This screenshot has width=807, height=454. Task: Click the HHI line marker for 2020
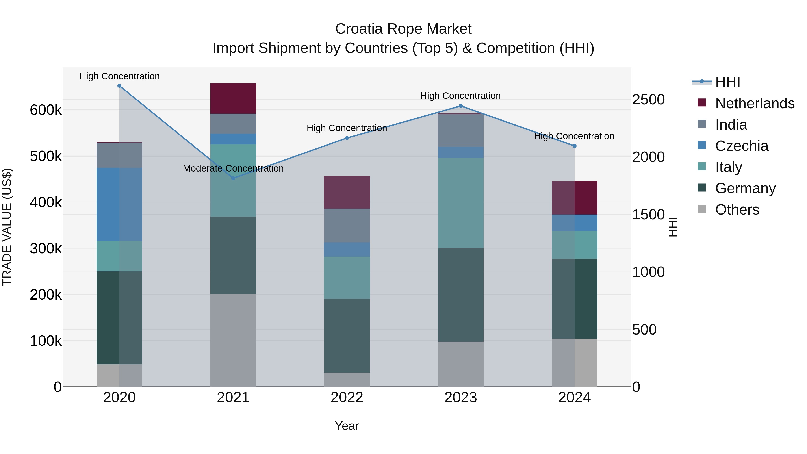(x=119, y=86)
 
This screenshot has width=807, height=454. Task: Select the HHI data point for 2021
(x=233, y=178)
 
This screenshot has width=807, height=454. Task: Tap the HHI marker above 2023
(x=460, y=106)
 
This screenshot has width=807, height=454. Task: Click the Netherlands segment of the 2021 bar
(x=233, y=98)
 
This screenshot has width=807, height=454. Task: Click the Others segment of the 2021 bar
(x=233, y=340)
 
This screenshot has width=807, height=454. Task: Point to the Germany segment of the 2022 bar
(x=347, y=336)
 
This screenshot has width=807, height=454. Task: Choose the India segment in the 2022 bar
(x=347, y=225)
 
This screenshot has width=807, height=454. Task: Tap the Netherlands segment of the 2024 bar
(x=574, y=198)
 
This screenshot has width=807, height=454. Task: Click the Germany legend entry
(x=745, y=188)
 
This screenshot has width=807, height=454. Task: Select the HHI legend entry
(x=727, y=82)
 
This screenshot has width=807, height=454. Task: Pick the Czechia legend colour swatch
(x=702, y=145)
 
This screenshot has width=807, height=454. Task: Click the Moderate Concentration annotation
(x=233, y=169)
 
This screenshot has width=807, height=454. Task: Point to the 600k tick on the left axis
(x=46, y=110)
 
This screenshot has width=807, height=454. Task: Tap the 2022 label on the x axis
(x=347, y=398)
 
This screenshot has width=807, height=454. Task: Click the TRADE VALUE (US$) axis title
(x=7, y=227)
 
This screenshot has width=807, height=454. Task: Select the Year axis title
(x=347, y=426)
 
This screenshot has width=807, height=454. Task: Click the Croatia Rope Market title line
(x=403, y=29)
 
